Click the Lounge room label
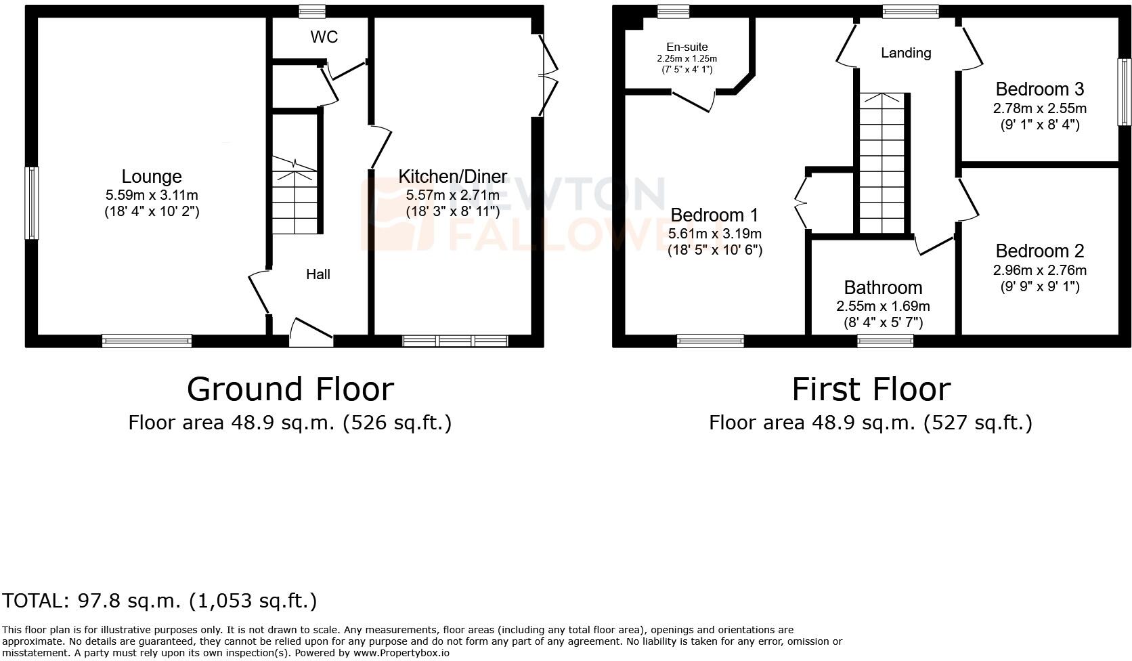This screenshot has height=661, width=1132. pos(152,177)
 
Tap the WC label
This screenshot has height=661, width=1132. pos(324,37)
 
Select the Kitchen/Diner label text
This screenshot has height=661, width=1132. pos(452,177)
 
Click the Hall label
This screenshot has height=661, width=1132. pos(318,274)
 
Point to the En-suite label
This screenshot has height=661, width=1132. pos(687,47)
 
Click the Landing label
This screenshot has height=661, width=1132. pos(905,53)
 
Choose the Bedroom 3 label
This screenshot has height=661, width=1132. pos(1039,89)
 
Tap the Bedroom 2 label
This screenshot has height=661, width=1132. pos(1039,251)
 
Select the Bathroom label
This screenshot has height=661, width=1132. pos(883,288)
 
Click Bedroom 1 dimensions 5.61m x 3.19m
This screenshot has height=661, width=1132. pos(715,234)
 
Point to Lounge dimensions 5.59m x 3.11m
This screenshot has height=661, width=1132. pos(152,195)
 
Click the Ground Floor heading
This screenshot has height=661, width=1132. pos(290,389)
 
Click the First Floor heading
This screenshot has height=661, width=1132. pos(871,389)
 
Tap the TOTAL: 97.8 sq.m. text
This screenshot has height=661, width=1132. pos(159,600)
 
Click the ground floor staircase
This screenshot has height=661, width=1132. pos(295,196)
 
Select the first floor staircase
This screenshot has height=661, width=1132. pos(882,163)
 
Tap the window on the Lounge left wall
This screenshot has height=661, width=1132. pos(31,203)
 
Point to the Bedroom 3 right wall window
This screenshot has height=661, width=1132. pos(1124,92)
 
